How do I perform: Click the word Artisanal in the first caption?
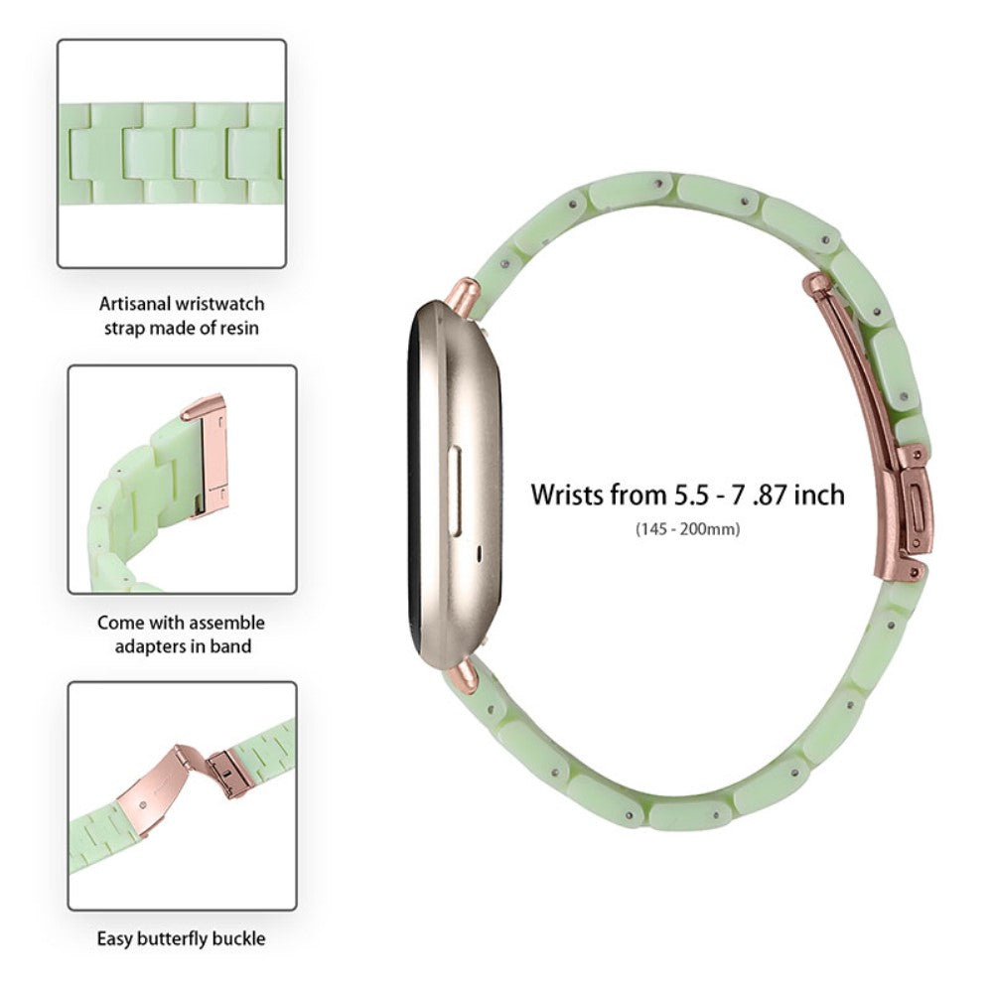(134, 304)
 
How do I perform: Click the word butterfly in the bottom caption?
(175, 937)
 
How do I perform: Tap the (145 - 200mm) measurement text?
(687, 528)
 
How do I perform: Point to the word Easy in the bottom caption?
(117, 937)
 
